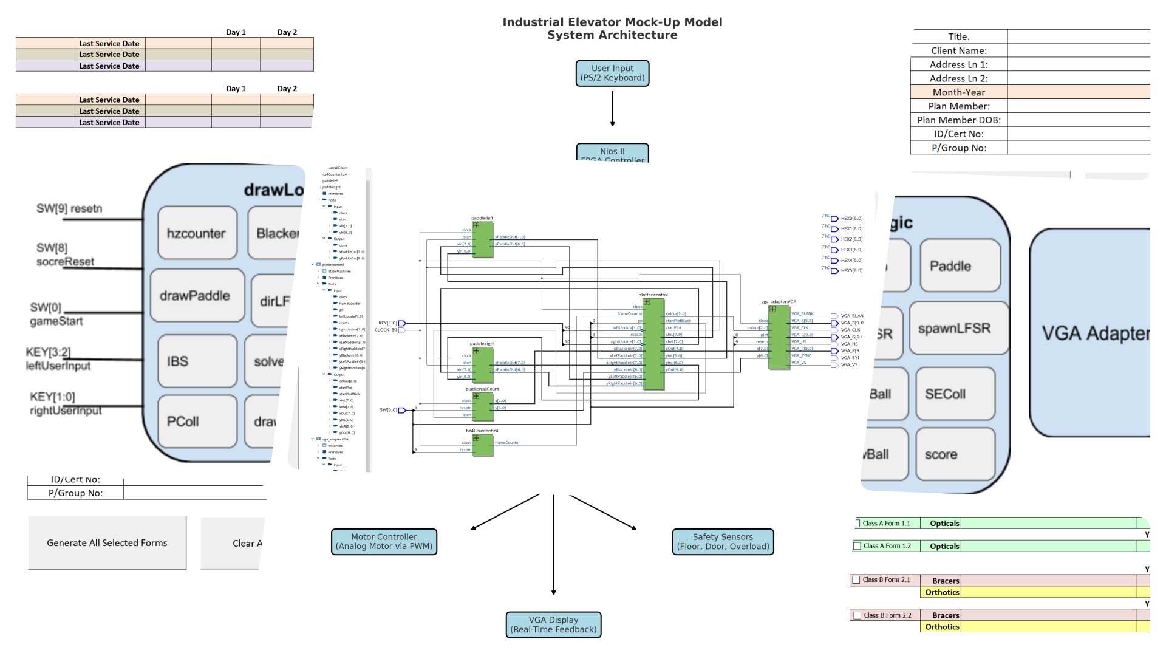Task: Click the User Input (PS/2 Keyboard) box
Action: pyautogui.click(x=612, y=73)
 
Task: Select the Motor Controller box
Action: pyautogui.click(x=384, y=542)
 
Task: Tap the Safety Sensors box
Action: pyautogui.click(x=723, y=542)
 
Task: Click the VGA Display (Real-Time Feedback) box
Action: pyautogui.click(x=553, y=625)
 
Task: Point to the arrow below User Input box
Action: pyautogui.click(x=612, y=108)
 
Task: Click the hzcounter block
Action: pyautogui.click(x=197, y=233)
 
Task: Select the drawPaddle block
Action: pyautogui.click(x=196, y=296)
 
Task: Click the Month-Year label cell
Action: pyautogui.click(x=958, y=92)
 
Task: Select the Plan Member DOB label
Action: pyautogui.click(x=958, y=120)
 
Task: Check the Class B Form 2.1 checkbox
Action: pyautogui.click(x=856, y=580)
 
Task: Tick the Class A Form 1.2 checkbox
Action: pyautogui.click(x=857, y=546)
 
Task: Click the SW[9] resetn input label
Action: pyautogui.click(x=69, y=209)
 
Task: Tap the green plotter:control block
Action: pyautogui.click(x=653, y=344)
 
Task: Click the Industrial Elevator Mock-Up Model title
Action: pyautogui.click(x=612, y=22)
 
